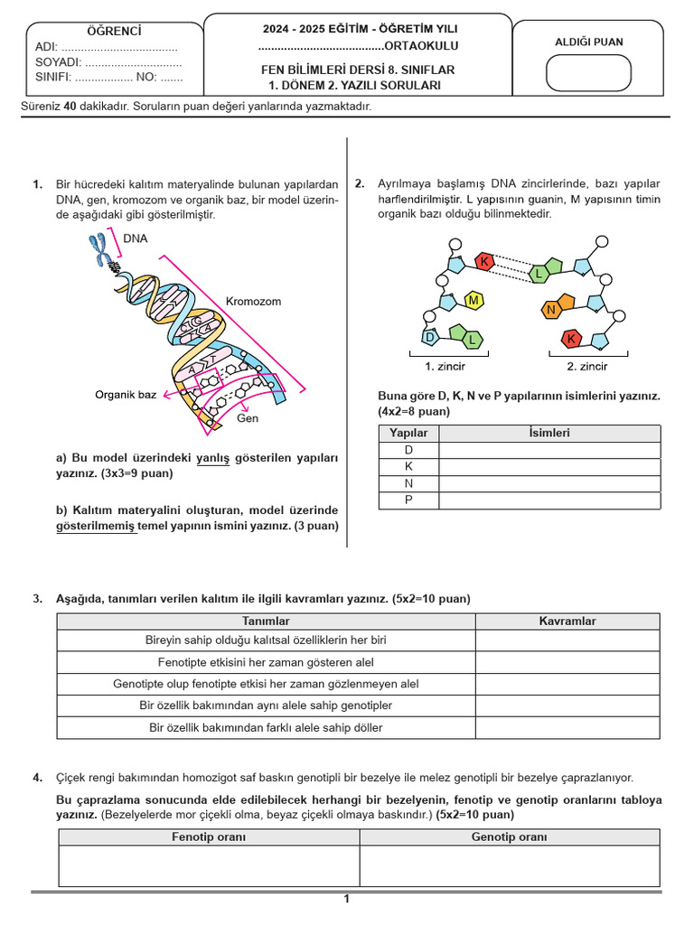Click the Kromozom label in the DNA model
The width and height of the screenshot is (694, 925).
point(253,302)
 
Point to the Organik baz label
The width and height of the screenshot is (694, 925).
point(126,395)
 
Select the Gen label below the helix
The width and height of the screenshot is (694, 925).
point(248,419)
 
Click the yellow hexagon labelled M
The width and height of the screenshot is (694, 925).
point(473,299)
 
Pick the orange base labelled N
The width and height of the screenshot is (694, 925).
point(550,310)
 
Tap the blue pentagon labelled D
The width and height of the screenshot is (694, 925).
point(431,338)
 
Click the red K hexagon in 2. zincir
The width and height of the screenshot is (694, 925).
point(571,339)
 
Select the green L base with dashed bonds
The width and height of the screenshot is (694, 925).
point(538,273)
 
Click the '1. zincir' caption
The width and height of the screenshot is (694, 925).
point(445,367)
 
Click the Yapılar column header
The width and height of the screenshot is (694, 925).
point(408,433)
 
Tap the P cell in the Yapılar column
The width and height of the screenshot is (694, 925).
point(408,500)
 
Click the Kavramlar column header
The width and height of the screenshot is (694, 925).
point(567,621)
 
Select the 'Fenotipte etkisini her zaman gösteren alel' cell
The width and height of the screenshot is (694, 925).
point(266,662)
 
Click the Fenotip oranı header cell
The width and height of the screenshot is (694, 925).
point(209,836)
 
